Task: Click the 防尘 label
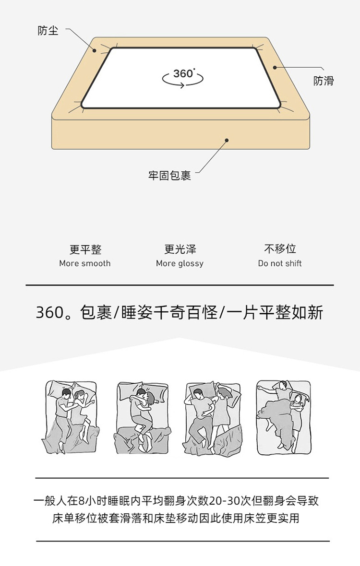tap(48, 31)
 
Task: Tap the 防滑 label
tap(323, 81)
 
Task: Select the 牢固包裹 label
tap(169, 176)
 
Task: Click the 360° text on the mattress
tap(184, 74)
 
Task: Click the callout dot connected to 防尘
tap(95, 50)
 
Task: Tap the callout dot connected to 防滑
tap(275, 67)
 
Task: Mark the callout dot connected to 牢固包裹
tap(227, 140)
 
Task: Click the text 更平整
tap(85, 249)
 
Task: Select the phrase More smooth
tap(85, 263)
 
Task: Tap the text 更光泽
tap(180, 249)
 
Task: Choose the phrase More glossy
tap(180, 264)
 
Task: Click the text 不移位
tap(280, 249)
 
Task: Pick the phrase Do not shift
tap(280, 263)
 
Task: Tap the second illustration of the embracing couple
tap(143, 417)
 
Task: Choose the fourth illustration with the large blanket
tap(284, 417)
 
